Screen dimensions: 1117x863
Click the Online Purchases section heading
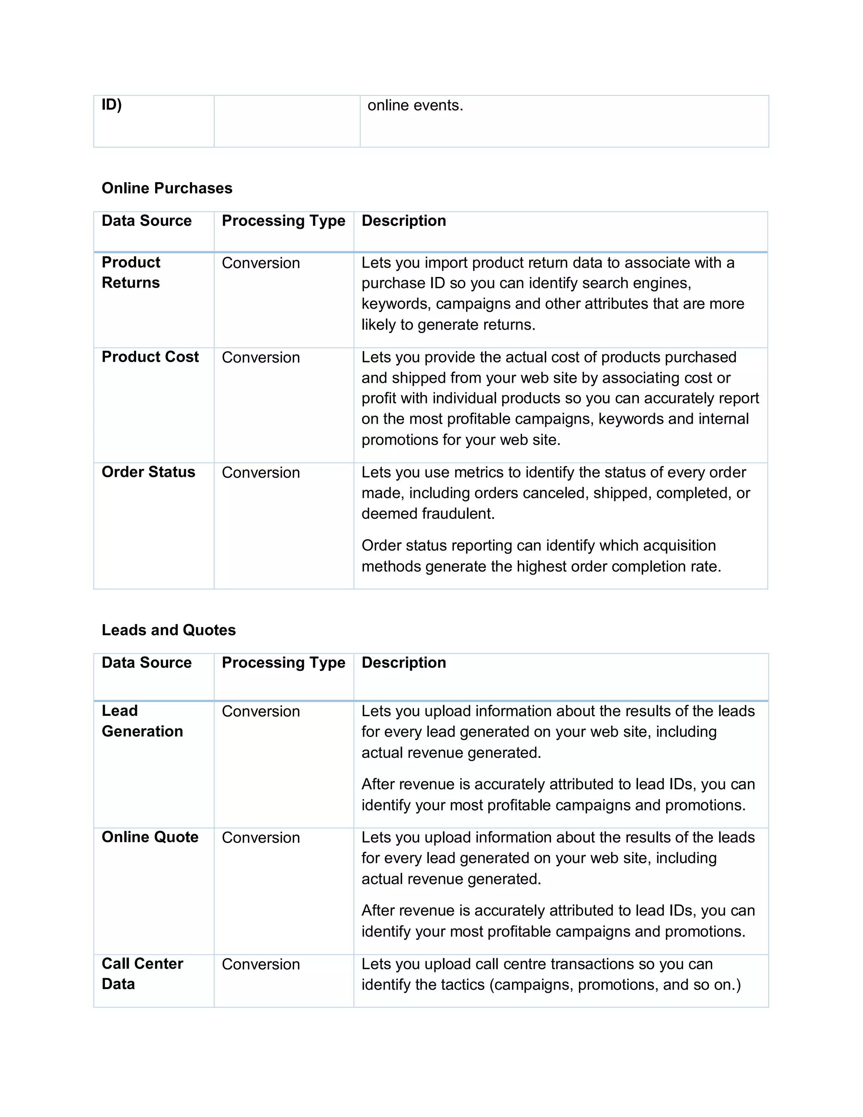tap(167, 188)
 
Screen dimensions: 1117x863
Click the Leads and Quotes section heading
tap(168, 630)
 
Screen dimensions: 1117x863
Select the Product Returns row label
tap(131, 273)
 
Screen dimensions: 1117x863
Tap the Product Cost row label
tap(150, 357)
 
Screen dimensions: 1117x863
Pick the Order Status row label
tap(148, 472)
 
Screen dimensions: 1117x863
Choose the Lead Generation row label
tap(142, 721)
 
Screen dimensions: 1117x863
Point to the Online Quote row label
tap(150, 837)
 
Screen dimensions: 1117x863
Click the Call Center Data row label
tap(142, 974)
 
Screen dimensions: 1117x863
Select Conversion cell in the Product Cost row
tap(261, 357)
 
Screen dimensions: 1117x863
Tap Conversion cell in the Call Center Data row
tap(261, 964)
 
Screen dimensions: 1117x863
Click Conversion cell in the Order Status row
tap(261, 473)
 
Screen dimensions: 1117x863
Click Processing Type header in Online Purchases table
tap(283, 221)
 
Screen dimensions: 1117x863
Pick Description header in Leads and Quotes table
tap(403, 663)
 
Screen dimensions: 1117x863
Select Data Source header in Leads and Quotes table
tap(146, 663)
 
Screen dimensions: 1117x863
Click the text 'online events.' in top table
tap(415, 105)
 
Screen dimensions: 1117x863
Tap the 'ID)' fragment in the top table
tap(111, 105)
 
